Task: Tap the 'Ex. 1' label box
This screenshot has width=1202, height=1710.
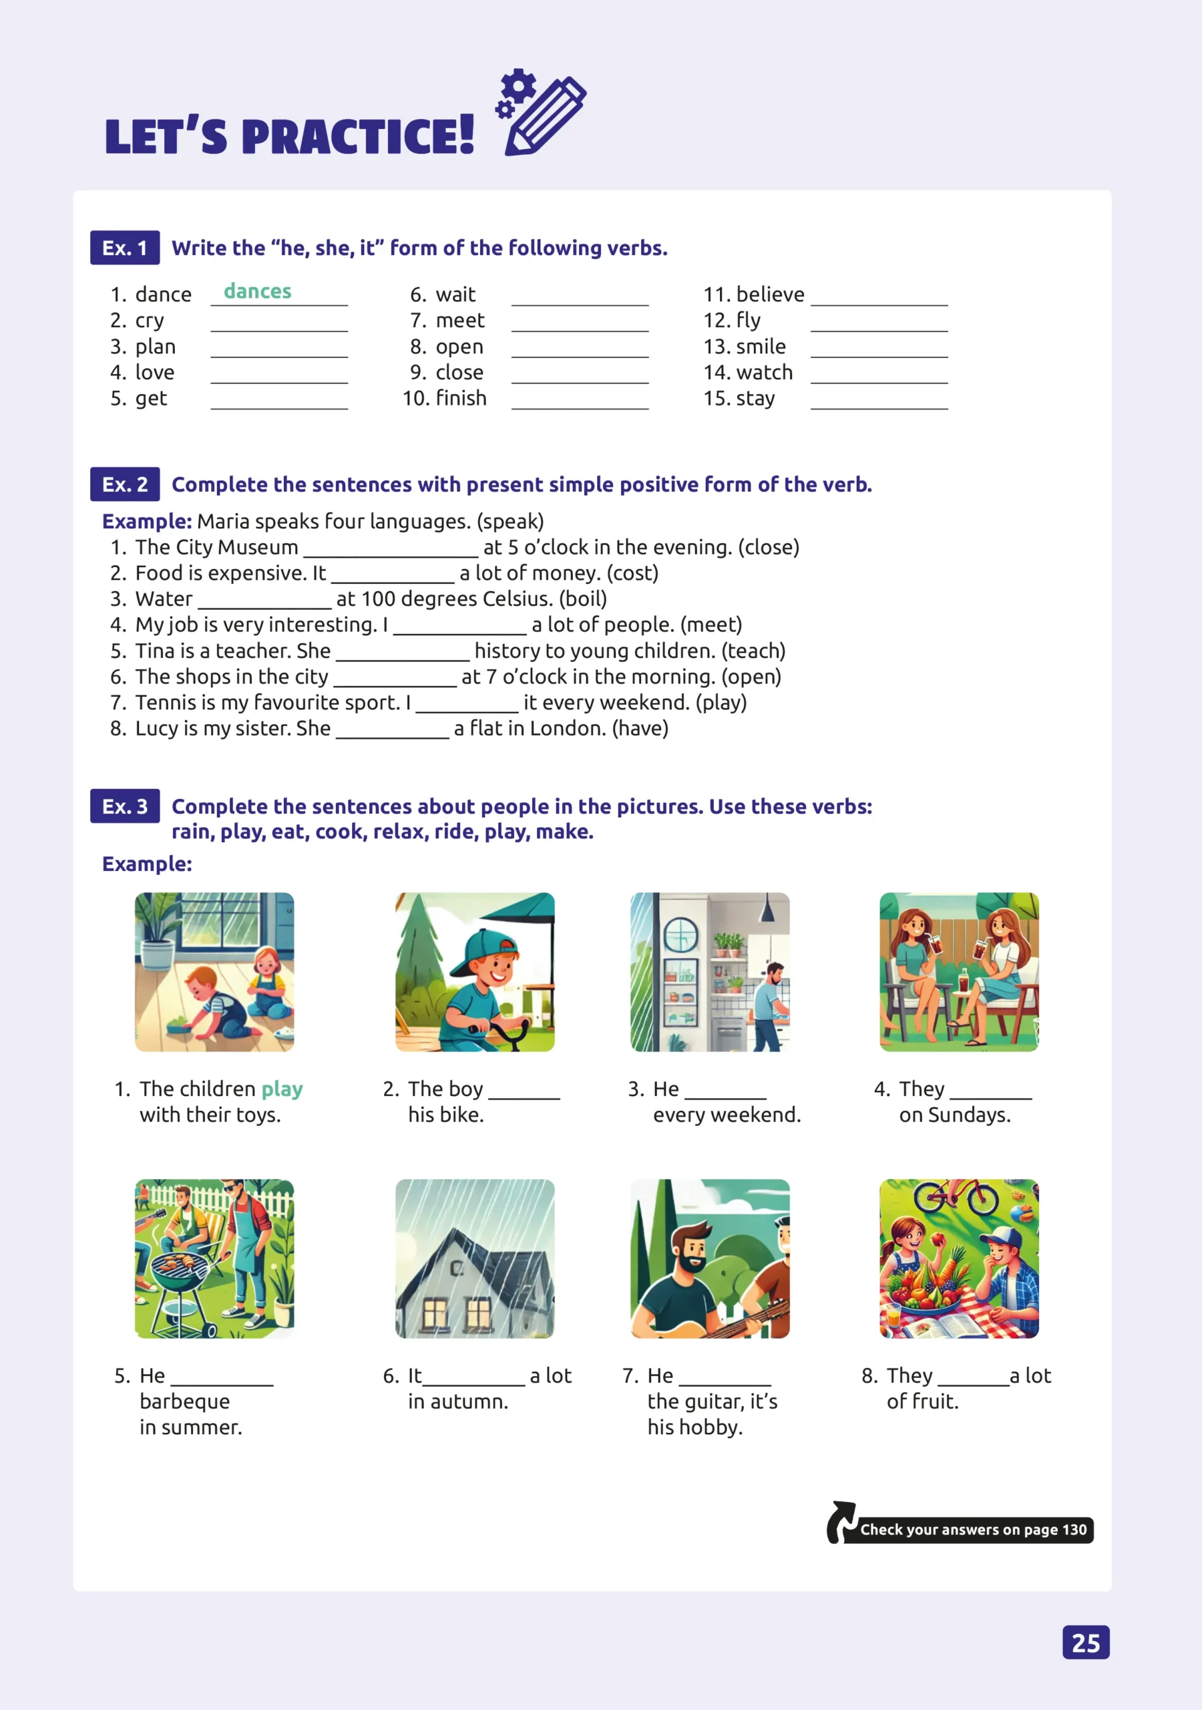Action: [124, 248]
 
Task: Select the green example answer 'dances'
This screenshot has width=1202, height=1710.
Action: [258, 291]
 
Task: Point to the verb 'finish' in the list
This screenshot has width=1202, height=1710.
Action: [461, 399]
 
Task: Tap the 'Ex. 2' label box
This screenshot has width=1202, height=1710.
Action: [124, 485]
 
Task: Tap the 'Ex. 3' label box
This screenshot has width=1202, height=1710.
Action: [124, 807]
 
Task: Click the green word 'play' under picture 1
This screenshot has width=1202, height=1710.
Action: [282, 1089]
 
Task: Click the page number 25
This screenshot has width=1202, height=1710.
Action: [1085, 1643]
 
